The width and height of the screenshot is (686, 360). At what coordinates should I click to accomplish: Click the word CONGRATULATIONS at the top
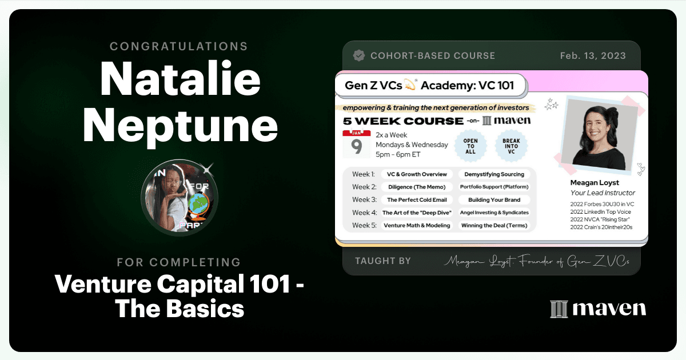179,46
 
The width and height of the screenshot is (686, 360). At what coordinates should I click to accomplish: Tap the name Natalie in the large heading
180,78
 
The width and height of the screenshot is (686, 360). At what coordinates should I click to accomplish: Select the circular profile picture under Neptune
180,198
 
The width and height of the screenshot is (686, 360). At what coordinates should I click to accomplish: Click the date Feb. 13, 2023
593,56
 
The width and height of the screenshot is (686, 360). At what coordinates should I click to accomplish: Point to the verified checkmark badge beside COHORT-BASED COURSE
359,55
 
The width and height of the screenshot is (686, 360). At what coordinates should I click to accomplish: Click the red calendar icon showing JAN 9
357,144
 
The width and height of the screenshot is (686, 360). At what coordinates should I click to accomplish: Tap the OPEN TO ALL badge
470,146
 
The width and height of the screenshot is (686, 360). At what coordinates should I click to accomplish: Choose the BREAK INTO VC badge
511,146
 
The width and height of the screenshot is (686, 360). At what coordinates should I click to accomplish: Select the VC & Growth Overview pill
417,174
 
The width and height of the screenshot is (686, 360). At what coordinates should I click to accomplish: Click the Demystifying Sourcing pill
494,174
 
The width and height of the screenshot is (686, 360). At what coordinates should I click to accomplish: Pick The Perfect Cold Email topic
417,199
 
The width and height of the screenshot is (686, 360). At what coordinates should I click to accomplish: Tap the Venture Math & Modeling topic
417,225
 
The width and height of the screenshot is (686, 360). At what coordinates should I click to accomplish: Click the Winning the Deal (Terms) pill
494,225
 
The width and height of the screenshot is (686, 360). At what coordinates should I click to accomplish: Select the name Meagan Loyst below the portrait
595,183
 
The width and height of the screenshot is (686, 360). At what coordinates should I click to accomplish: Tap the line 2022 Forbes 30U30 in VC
602,204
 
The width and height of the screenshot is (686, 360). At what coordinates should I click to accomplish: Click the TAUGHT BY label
383,261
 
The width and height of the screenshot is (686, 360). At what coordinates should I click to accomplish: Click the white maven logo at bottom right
598,309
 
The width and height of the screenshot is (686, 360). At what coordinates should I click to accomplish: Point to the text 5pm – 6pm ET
398,155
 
